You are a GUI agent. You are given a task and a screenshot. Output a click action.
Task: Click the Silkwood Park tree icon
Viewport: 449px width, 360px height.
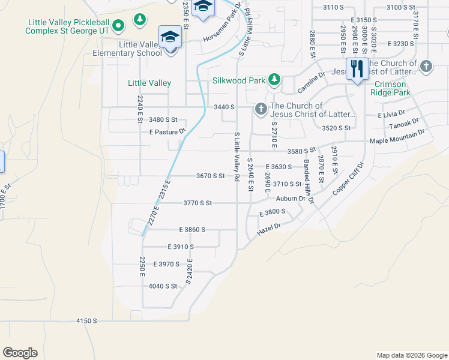(274, 79)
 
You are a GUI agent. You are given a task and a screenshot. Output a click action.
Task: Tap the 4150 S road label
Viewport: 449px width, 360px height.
(86, 321)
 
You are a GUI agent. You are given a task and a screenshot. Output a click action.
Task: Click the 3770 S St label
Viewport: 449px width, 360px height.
(197, 203)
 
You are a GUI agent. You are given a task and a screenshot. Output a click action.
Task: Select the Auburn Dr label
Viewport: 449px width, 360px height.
(291, 199)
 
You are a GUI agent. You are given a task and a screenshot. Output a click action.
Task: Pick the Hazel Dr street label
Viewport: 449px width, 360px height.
(270, 229)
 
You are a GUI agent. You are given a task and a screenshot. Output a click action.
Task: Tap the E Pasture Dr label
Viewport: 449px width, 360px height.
(167, 131)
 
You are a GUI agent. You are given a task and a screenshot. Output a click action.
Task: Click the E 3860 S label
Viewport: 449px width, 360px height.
(192, 230)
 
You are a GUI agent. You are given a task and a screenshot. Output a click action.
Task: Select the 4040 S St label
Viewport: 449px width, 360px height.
(163, 286)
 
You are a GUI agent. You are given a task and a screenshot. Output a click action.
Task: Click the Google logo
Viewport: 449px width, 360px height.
(20, 353)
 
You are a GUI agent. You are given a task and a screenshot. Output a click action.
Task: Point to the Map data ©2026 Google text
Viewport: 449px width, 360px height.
(411, 355)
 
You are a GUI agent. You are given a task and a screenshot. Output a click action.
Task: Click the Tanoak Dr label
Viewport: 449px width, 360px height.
(403, 124)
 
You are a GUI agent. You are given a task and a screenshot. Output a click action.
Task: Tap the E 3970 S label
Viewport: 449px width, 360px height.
(167, 264)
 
